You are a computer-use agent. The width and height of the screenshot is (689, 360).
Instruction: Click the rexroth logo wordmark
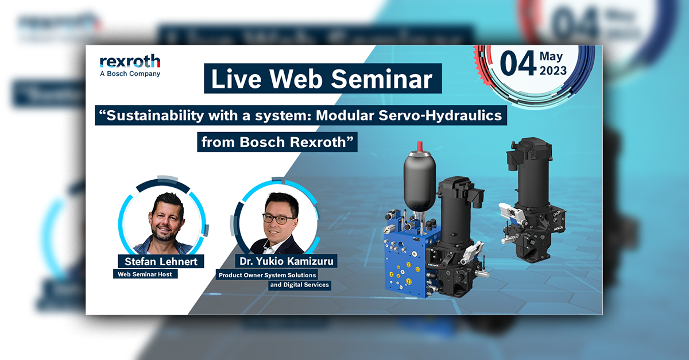pos(130,61)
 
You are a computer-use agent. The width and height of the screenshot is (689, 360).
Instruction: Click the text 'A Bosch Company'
pos(130,73)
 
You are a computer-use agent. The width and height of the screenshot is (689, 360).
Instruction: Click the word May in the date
pos(552,57)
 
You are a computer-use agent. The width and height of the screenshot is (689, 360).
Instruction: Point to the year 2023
pos(552,71)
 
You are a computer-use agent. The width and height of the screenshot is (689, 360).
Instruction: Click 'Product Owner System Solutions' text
pos(267,275)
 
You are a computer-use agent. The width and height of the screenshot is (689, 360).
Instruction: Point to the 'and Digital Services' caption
pos(299,284)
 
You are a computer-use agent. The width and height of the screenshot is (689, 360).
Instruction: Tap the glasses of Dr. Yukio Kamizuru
pos(278,218)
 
